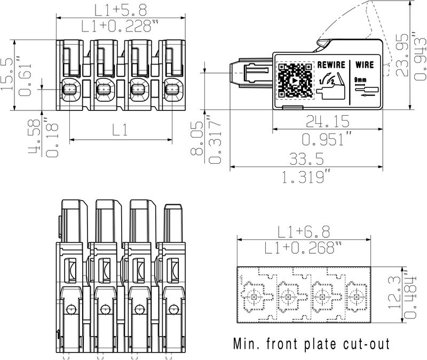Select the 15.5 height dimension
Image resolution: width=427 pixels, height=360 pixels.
point(7,75)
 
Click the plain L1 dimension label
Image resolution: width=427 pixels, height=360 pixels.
point(120,130)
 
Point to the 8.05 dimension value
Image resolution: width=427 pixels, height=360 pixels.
point(199,138)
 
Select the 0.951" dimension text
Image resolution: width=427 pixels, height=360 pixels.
point(327,139)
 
